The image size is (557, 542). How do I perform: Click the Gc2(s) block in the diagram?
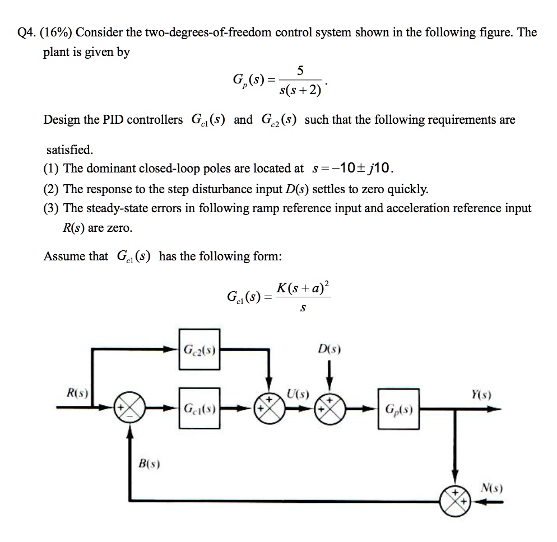coord(199,351)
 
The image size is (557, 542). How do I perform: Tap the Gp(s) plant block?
coord(398,409)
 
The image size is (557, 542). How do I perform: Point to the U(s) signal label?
coord(298,393)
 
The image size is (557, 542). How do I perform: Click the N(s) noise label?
coord(492,488)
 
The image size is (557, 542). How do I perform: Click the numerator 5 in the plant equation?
coord(300,71)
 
